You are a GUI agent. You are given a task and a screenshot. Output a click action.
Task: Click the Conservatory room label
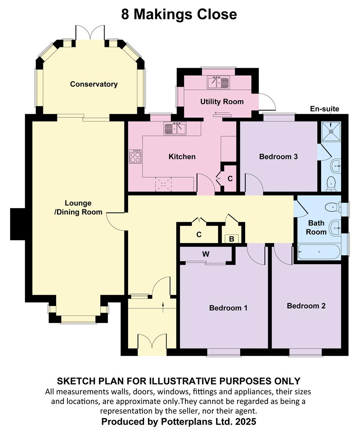click(x=94, y=84)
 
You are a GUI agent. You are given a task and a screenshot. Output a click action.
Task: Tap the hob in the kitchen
click(x=135, y=157)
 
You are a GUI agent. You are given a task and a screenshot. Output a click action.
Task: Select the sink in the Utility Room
click(x=218, y=82)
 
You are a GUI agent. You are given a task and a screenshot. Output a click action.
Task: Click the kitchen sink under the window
click(x=175, y=128)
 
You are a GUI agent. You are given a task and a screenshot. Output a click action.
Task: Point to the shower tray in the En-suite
click(x=331, y=131)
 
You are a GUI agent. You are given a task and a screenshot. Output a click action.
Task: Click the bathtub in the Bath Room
click(x=319, y=251)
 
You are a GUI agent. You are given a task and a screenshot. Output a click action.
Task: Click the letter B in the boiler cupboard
click(x=232, y=239)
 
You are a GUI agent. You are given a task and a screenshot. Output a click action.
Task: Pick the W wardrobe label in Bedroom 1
click(x=205, y=254)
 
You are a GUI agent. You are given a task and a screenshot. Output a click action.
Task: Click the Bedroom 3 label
click(x=278, y=157)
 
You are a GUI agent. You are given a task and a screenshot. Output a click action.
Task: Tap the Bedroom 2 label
click(x=306, y=306)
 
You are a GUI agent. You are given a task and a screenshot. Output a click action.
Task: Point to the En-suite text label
click(x=324, y=109)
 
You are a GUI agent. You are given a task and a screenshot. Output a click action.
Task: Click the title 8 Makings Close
click(x=179, y=14)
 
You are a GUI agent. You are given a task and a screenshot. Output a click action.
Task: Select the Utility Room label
click(x=222, y=101)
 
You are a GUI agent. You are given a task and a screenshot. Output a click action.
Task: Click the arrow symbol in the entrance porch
click(x=163, y=307)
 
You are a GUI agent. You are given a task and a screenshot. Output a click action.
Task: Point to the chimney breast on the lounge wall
click(x=18, y=224)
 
